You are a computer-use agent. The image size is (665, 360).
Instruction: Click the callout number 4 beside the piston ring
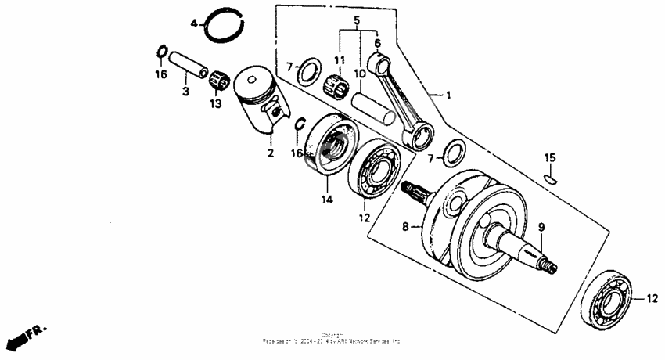click(x=195, y=23)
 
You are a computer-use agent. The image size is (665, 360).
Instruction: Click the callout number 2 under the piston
click(x=271, y=153)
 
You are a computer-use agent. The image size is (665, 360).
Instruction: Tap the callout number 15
click(x=550, y=158)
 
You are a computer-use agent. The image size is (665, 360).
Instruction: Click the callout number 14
click(x=326, y=200)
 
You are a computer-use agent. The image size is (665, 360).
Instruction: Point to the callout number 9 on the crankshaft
click(x=541, y=228)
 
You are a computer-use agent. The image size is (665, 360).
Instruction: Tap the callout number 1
click(x=448, y=95)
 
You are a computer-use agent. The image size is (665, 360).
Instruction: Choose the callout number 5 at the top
click(x=356, y=20)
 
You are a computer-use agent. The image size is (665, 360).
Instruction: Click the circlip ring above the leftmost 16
click(x=160, y=52)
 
